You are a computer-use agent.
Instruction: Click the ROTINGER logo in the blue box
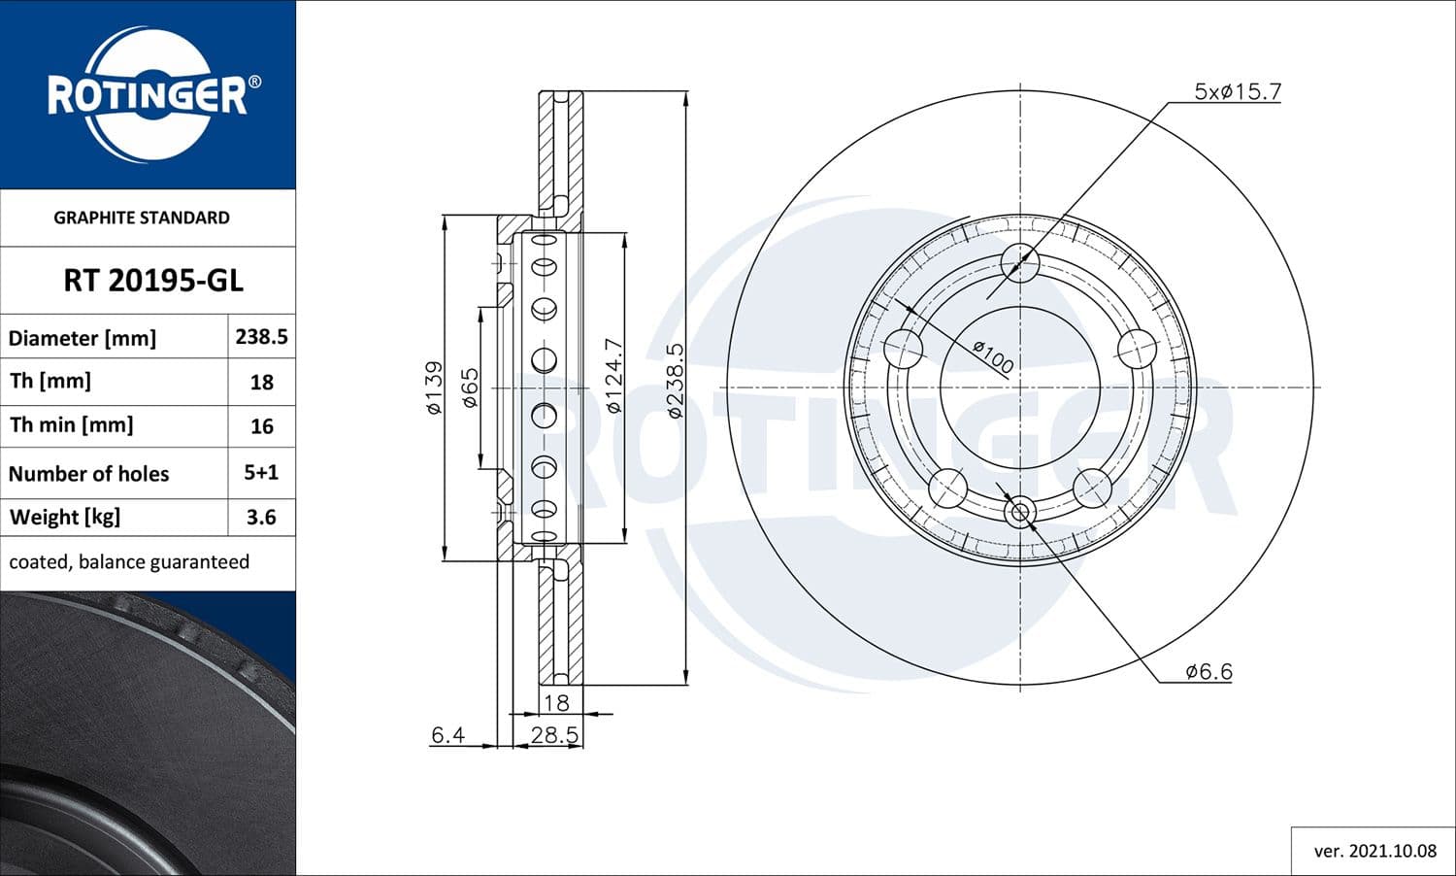[149, 95]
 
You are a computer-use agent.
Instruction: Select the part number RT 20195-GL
[153, 281]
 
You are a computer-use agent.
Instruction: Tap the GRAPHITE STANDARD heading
[142, 218]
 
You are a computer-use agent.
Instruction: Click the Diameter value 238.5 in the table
[261, 337]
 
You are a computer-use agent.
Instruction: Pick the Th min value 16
[261, 426]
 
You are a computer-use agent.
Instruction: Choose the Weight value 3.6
[261, 518]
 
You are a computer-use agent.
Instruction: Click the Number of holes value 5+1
[261, 473]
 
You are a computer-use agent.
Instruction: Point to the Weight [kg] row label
[65, 518]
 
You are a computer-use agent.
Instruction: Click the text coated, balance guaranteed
[129, 562]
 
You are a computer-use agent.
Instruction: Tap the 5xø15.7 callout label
[1237, 92]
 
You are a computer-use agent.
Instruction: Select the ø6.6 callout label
[1208, 671]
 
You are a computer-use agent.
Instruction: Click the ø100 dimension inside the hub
[993, 357]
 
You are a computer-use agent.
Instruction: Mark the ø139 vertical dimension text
[435, 388]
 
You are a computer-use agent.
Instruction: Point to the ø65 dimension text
[470, 387]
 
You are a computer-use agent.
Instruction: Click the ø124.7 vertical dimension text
[613, 377]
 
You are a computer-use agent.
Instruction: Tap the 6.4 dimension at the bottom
[447, 735]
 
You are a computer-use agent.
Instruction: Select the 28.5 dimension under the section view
[554, 735]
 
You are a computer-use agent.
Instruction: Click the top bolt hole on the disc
[1019, 262]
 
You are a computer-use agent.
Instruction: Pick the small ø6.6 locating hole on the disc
[1019, 513]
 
